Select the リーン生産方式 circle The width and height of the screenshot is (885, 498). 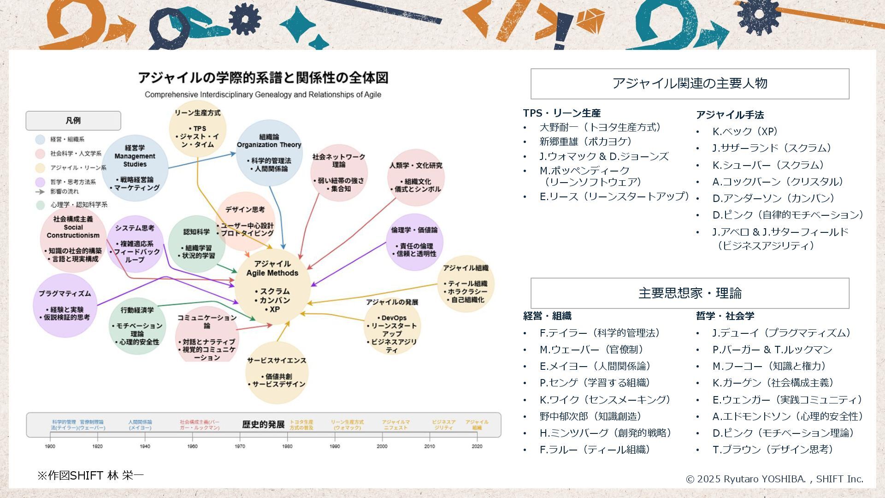pyautogui.click(x=198, y=129)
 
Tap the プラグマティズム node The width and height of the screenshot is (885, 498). pyautogui.click(x=65, y=305)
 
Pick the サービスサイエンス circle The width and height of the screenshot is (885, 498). pyautogui.click(x=277, y=373)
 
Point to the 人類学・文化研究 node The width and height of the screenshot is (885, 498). pyautogui.click(x=416, y=178)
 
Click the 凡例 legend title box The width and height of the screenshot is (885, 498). pyautogui.click(x=73, y=121)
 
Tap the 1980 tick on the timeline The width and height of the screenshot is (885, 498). pyautogui.click(x=287, y=446)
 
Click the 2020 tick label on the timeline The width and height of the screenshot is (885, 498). pyautogui.click(x=477, y=446)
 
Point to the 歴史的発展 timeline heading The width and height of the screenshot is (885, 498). pyautogui.click(x=263, y=424)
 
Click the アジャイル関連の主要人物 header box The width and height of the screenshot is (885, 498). pyautogui.click(x=690, y=83)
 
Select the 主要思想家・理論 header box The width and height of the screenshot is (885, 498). pyautogui.click(x=690, y=293)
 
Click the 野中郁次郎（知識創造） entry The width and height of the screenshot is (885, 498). pyautogui.click(x=590, y=416)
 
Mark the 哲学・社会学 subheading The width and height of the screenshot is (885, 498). pyautogui.click(x=725, y=316)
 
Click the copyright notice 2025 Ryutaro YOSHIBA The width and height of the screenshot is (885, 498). pyautogui.click(x=774, y=479)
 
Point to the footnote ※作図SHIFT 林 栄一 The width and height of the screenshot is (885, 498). pyautogui.click(x=90, y=475)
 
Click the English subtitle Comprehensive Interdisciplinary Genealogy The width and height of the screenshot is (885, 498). pyautogui.click(x=263, y=95)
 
